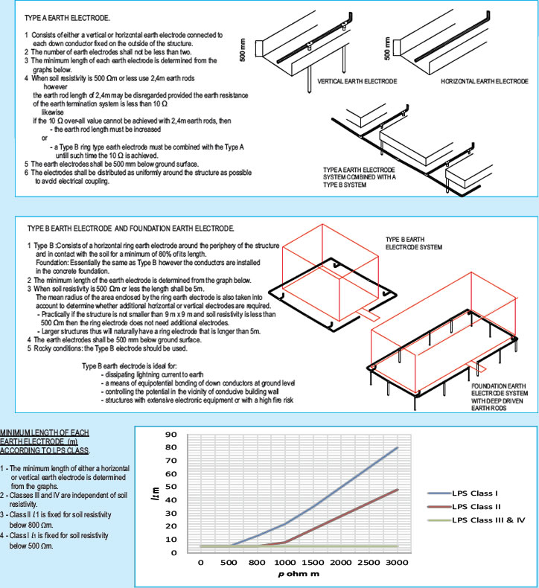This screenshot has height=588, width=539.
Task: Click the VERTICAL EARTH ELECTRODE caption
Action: point(357,80)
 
